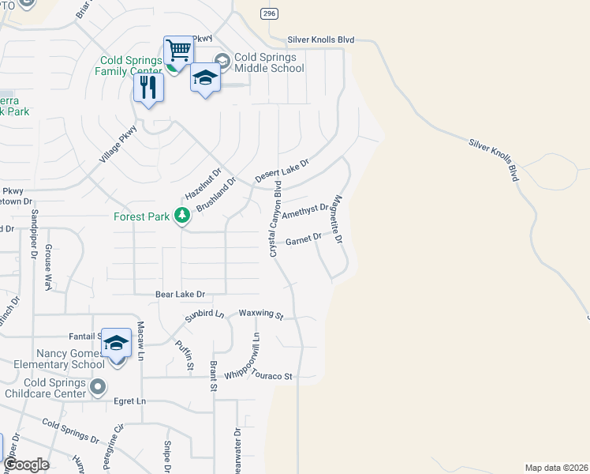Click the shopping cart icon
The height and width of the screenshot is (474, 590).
[x=179, y=51]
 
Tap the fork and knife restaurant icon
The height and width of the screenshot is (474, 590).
[x=147, y=88]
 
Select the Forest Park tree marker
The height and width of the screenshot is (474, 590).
[x=182, y=215]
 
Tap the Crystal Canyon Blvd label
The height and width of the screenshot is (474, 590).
[x=275, y=218]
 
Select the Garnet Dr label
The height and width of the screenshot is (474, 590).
[x=304, y=238]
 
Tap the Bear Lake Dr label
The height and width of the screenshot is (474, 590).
[x=180, y=294]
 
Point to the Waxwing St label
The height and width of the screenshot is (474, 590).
[x=261, y=314]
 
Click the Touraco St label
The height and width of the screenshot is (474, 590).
[x=271, y=376]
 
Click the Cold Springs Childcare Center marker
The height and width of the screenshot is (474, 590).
[x=97, y=386]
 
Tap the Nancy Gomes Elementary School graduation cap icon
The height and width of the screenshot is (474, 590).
[x=116, y=342]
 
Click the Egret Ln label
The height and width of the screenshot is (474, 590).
[x=130, y=401]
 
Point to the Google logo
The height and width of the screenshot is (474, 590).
[x=26, y=465]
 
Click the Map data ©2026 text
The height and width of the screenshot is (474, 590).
[x=555, y=467]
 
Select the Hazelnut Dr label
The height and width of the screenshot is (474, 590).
[x=204, y=183]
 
